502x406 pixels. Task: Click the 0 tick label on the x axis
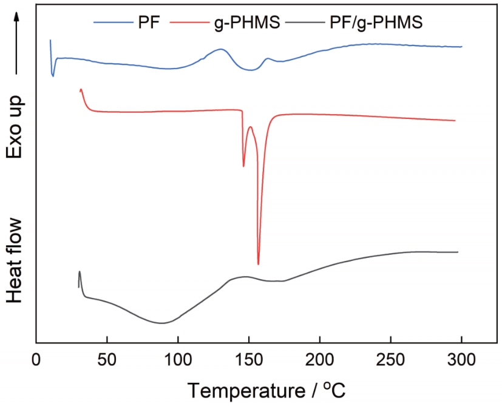[x=36, y=360]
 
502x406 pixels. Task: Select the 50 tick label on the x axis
[x=107, y=360]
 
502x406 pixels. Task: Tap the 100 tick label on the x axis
[x=178, y=360]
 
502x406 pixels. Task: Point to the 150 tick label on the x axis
[x=249, y=360]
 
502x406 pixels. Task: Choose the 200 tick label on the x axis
[x=320, y=360]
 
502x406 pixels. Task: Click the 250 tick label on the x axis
[x=391, y=360]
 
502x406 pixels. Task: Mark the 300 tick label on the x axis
[x=461, y=360]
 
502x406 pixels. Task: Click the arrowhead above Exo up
[x=17, y=18]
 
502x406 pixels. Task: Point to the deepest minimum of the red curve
[x=258, y=264]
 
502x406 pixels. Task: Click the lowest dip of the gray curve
[x=161, y=323]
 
